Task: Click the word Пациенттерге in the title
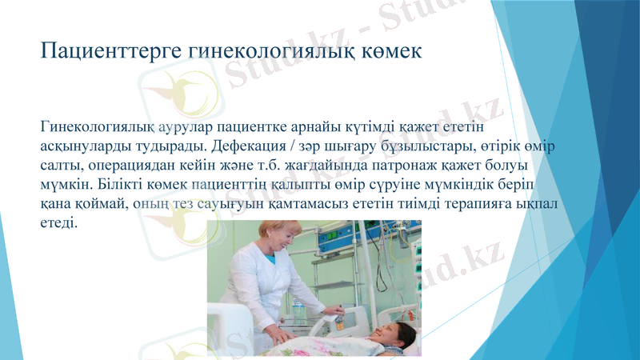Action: coord(110,52)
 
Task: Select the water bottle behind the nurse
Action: coord(298,309)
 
